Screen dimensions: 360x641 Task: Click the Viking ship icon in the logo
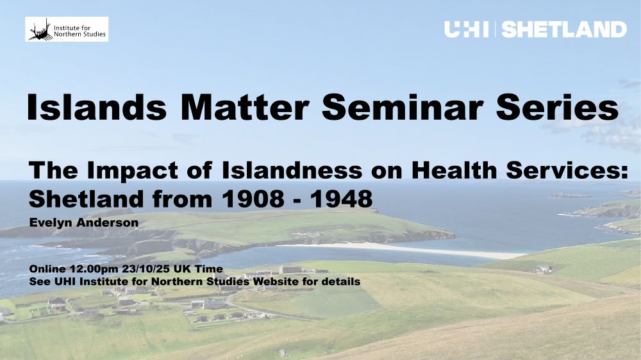39,29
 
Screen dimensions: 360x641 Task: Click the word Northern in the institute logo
69,35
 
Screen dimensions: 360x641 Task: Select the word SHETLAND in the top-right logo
564,29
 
